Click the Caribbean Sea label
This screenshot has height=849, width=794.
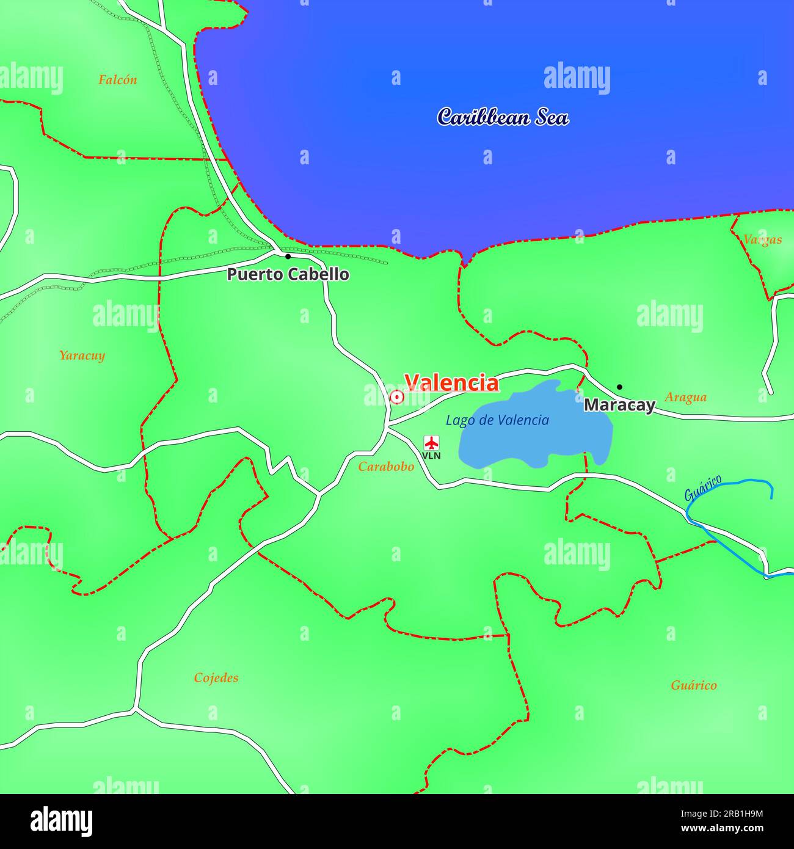click(503, 117)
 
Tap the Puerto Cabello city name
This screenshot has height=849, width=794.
click(288, 274)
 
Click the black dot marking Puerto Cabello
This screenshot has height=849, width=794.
click(288, 257)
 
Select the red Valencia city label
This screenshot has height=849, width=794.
click(451, 383)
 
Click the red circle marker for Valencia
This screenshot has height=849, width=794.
click(397, 398)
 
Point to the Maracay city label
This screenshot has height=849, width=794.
click(619, 405)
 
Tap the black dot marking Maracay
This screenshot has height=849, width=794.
click(619, 387)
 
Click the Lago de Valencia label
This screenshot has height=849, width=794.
click(497, 420)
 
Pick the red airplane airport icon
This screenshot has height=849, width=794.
click(432, 442)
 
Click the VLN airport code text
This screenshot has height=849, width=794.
click(432, 456)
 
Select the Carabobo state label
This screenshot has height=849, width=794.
click(386, 467)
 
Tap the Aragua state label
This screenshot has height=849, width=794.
click(685, 397)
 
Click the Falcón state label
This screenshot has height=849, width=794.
click(118, 79)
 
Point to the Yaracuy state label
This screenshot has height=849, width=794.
click(82, 355)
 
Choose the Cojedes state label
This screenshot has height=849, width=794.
click(216, 677)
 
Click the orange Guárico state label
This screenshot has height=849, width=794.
click(694, 685)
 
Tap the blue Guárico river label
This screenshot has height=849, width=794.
click(702, 487)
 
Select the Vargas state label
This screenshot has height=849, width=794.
click(762, 239)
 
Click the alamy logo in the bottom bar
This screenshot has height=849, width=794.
click(61, 822)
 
